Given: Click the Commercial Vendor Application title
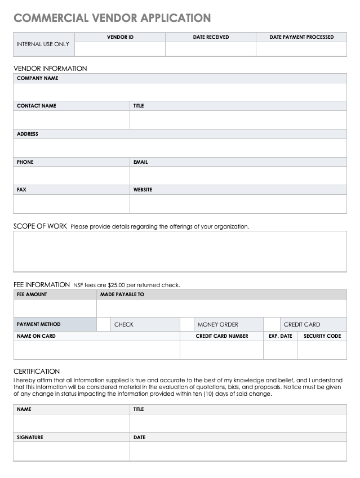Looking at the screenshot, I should pyautogui.click(x=112, y=18).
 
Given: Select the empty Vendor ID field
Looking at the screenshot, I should pyautogui.click(x=120, y=49).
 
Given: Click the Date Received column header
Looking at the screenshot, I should pyautogui.click(x=211, y=37).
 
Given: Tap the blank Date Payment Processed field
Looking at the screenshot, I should pyautogui.click(x=301, y=49).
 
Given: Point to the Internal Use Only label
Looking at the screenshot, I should pyautogui.click(x=43, y=44).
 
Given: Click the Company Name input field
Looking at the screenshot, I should pyautogui.click(x=180, y=92).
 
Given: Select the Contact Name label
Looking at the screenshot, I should pyautogui.click(x=37, y=106).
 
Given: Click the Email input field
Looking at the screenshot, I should pyautogui.click(x=238, y=176).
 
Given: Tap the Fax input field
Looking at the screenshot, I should pyautogui.click(x=72, y=204).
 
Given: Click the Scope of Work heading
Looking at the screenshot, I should pyautogui.click(x=40, y=226).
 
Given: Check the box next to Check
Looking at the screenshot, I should pyautogui.click(x=104, y=324).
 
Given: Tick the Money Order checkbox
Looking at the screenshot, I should pyautogui.click(x=187, y=324).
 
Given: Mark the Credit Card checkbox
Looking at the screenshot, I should pyautogui.click(x=272, y=324).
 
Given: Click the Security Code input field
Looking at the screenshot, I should pyautogui.click(x=322, y=350).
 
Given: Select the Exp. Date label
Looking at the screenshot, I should pyautogui.click(x=280, y=336).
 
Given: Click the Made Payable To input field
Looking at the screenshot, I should pyautogui.click(x=221, y=308).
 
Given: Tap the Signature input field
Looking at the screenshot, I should pyautogui.click(x=72, y=452).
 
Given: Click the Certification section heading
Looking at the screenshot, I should pyautogui.click(x=37, y=372).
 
